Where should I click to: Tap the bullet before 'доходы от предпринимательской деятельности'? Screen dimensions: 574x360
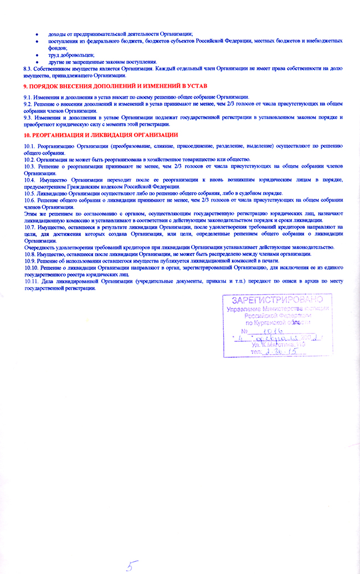point(37,34)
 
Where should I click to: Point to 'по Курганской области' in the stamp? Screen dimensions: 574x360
point(277,322)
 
